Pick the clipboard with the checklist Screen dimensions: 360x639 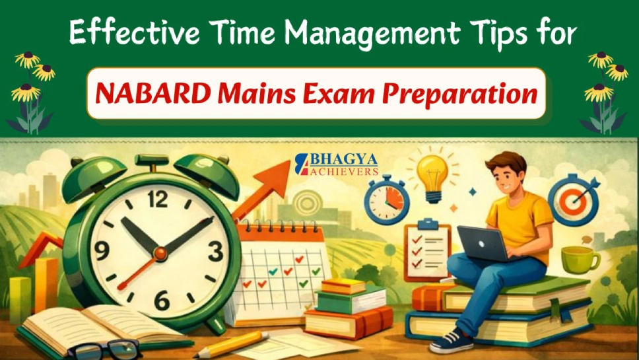click(x=425, y=250)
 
